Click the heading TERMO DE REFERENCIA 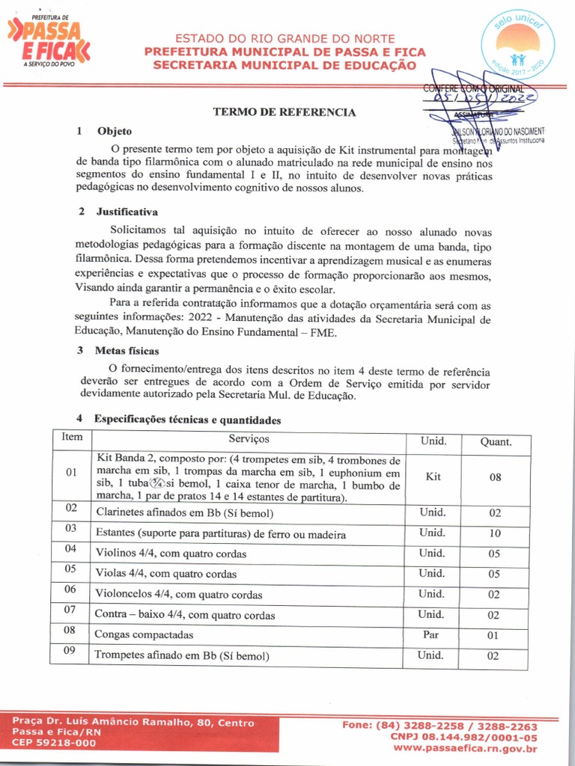pos(284,112)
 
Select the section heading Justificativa pos(127,212)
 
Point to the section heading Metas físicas pos(127,350)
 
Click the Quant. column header pos(495,441)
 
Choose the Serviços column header pos(249,439)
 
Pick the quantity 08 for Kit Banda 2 pos(495,477)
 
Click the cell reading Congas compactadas pos(144,634)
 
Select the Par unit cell pos(432,634)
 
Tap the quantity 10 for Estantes pos(495,533)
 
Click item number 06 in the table pos(71,589)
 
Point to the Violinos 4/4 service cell pos(171,554)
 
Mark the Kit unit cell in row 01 pos(432,477)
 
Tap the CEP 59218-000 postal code pos(54,743)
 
